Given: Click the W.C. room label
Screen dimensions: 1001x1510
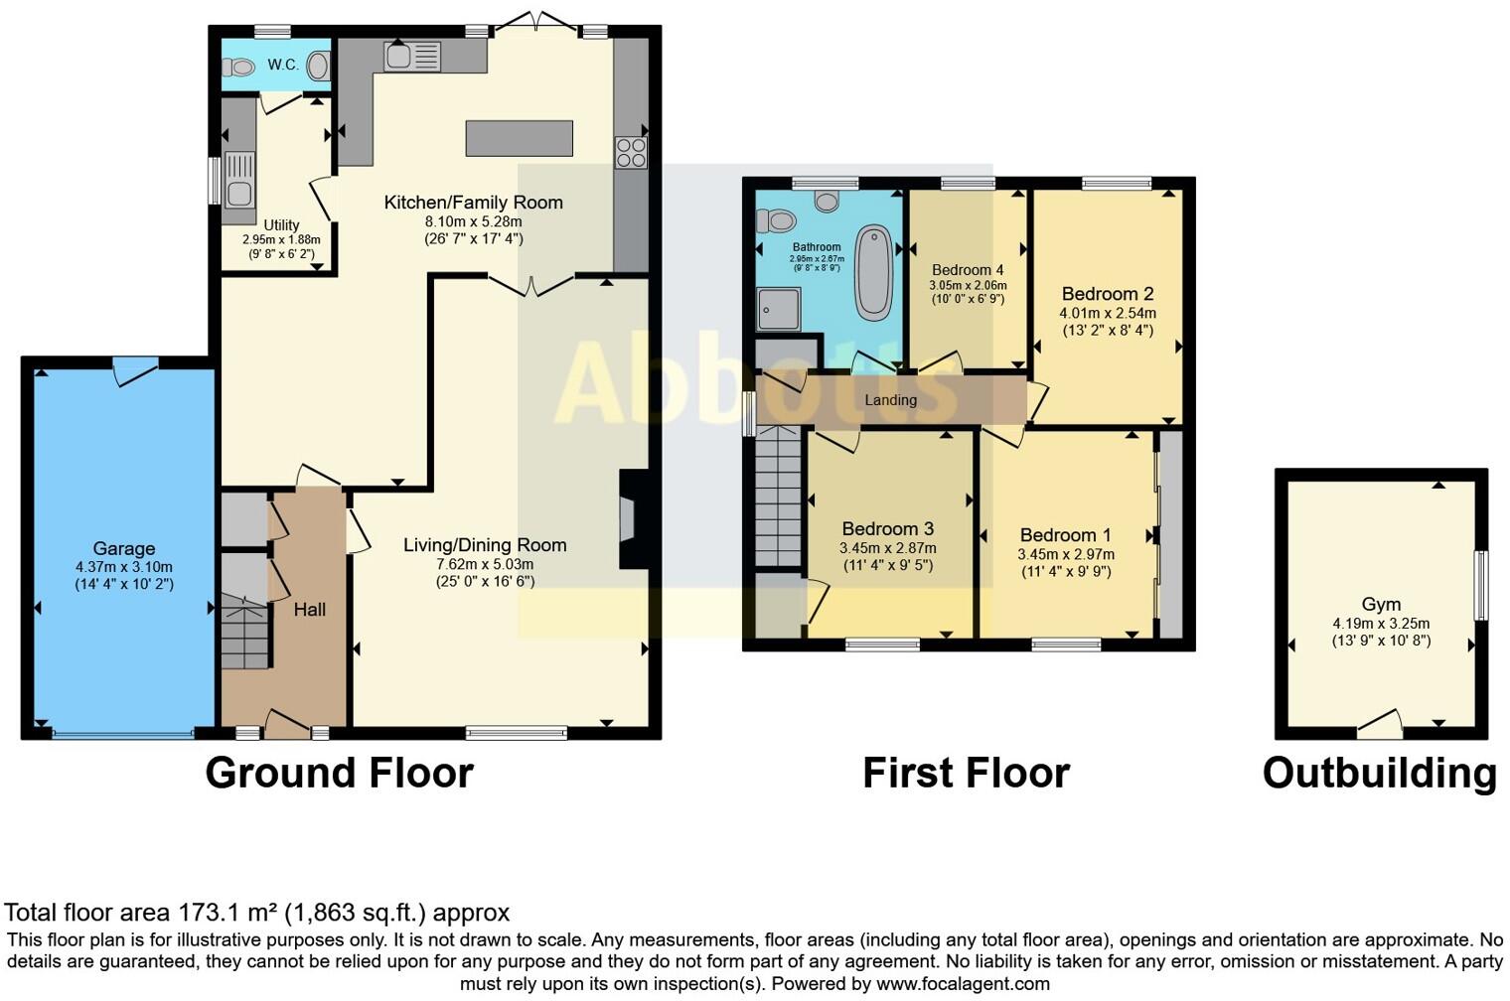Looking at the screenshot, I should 282,65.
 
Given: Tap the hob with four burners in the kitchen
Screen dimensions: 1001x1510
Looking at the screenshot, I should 631,152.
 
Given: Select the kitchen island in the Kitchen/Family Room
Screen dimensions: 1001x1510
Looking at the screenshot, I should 519,138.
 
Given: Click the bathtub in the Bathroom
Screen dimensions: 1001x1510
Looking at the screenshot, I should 873,272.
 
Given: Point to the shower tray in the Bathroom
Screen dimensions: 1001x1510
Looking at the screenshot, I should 778,309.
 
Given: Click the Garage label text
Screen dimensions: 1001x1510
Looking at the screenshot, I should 124,548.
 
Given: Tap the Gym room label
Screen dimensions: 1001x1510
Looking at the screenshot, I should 1381,604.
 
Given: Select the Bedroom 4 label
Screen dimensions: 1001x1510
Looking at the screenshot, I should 967,270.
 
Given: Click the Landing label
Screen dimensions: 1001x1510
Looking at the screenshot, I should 890,400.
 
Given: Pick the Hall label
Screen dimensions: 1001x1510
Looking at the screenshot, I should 309,610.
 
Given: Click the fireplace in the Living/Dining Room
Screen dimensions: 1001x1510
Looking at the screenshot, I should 631,518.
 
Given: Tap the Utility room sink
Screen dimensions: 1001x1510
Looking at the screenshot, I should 238,178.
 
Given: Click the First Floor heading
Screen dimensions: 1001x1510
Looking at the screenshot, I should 966,773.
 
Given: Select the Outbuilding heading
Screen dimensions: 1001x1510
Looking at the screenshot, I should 1379,773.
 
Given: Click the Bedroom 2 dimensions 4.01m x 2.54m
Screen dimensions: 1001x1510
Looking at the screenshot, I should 1107,313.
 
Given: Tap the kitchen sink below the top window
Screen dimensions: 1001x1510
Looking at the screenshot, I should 412,56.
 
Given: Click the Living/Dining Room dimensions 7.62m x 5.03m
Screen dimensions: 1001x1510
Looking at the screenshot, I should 485,564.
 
